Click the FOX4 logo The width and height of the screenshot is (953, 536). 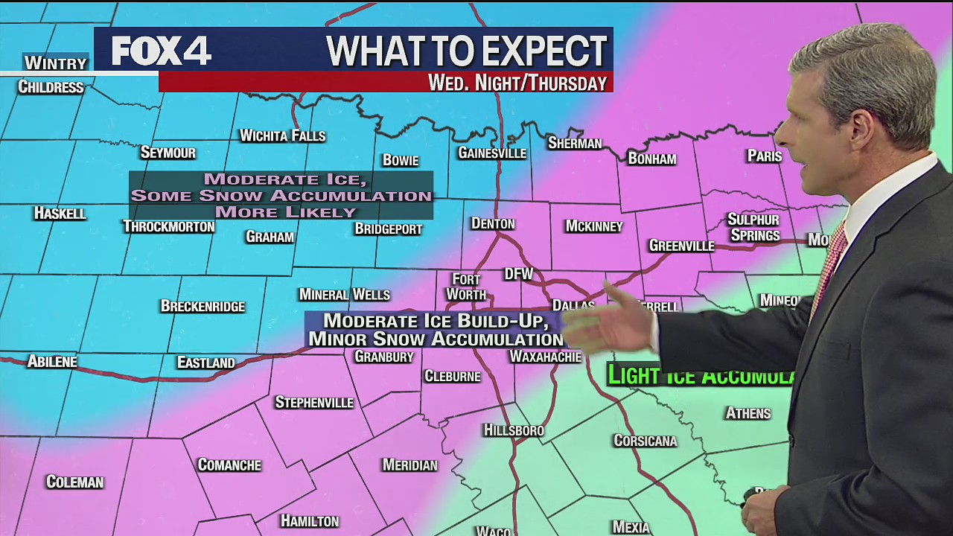pyautogui.click(x=161, y=51)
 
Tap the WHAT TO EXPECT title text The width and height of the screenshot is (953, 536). pyautogui.click(x=467, y=51)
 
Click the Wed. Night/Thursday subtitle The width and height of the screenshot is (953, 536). pyautogui.click(x=517, y=83)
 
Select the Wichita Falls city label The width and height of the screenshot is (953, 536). pyautogui.click(x=282, y=135)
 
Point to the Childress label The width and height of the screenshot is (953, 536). pyautogui.click(x=51, y=87)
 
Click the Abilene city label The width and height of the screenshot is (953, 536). pyautogui.click(x=52, y=362)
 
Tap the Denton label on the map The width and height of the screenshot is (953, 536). pyautogui.click(x=493, y=223)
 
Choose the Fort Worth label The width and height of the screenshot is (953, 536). pyautogui.click(x=466, y=287)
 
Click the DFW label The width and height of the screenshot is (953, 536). pyautogui.click(x=519, y=274)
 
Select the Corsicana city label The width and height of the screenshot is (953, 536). pyautogui.click(x=645, y=441)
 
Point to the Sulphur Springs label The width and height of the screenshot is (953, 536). pyautogui.click(x=753, y=227)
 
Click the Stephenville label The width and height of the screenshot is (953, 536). pyautogui.click(x=314, y=403)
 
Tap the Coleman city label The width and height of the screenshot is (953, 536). pyautogui.click(x=74, y=482)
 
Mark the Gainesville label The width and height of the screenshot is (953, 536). pyautogui.click(x=492, y=153)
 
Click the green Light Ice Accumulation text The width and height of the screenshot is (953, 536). pyautogui.click(x=700, y=374)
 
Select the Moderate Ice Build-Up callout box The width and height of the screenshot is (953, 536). pyautogui.click(x=436, y=330)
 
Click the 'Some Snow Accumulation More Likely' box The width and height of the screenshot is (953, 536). pyautogui.click(x=281, y=196)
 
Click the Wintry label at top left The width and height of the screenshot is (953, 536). pyautogui.click(x=56, y=63)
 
